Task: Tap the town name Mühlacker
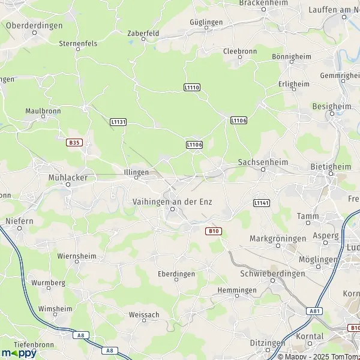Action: point(68,178)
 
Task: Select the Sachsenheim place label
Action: point(263,162)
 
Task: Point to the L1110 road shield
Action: point(192,88)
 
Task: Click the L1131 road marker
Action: point(119,122)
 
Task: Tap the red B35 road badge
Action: point(74,142)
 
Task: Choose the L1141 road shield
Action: point(262,203)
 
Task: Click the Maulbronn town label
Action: point(44,111)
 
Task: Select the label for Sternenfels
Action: point(78,44)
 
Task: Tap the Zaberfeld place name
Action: point(142,33)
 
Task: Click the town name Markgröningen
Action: point(277,238)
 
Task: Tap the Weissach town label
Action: point(144,314)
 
